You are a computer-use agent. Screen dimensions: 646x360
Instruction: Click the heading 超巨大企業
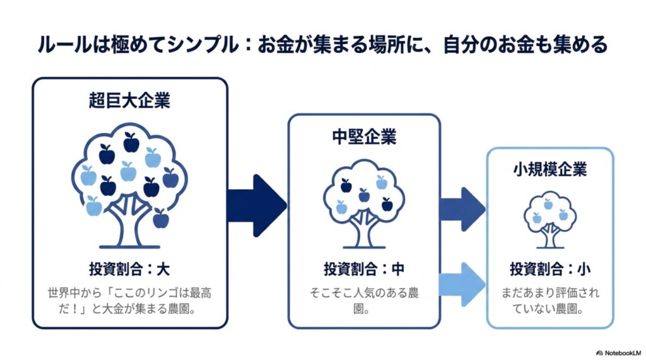(x=129, y=100)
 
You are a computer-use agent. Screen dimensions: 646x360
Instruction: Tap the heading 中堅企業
(x=364, y=137)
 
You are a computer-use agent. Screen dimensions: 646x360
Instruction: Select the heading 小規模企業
(x=550, y=170)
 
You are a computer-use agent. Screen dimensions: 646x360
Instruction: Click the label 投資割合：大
(x=129, y=269)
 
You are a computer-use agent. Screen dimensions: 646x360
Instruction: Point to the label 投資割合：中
(x=364, y=269)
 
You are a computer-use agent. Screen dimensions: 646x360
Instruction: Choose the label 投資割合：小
(x=550, y=269)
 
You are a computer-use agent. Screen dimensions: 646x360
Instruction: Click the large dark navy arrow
(x=257, y=206)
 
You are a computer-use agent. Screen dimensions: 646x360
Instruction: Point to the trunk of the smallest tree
(x=550, y=237)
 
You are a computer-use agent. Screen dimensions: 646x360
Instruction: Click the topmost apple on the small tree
(x=548, y=204)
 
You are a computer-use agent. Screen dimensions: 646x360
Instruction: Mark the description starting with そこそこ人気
(x=364, y=301)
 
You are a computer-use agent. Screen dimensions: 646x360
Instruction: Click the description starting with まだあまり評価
(x=550, y=301)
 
